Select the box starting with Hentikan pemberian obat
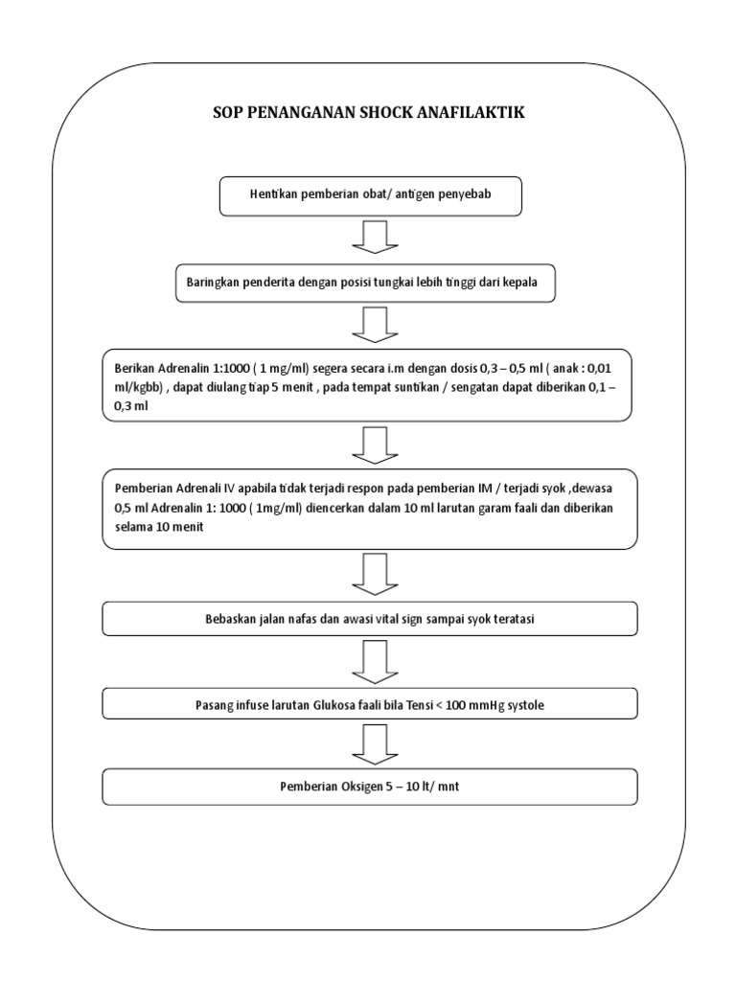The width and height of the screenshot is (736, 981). tap(370, 197)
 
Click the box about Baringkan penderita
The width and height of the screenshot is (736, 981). tap(370, 284)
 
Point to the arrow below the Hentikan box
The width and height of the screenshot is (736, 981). tap(370, 238)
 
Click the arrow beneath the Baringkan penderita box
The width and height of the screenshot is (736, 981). tap(370, 324)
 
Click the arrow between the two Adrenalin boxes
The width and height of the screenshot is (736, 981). tap(370, 445)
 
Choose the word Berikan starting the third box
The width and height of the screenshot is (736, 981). tap(135, 369)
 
